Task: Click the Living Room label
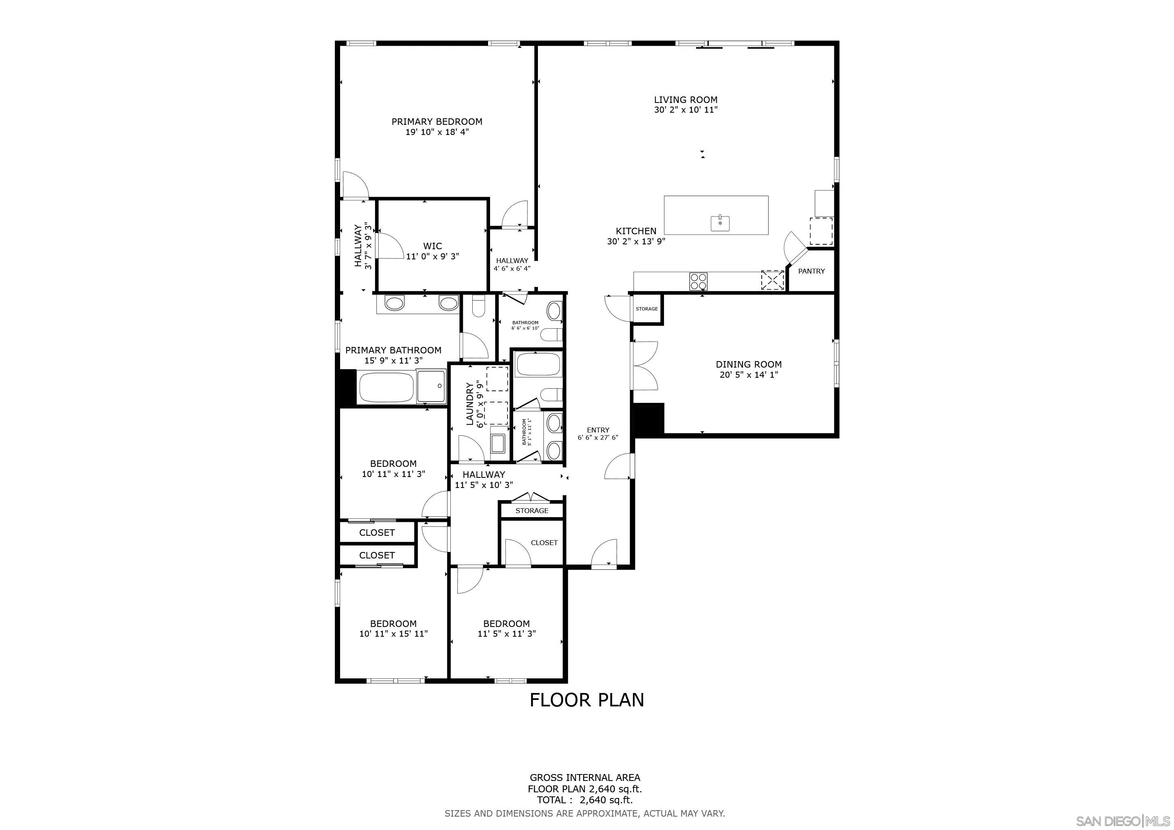(x=685, y=100)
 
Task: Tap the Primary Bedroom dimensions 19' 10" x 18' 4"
(x=437, y=132)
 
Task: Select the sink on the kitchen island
(x=720, y=223)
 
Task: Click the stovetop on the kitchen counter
(x=698, y=280)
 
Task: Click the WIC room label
(x=432, y=246)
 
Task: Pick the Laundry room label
(x=470, y=404)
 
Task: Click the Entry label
(x=598, y=430)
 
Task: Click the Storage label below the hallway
(x=531, y=511)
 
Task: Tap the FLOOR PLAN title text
(x=587, y=700)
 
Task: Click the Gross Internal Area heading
(x=585, y=778)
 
